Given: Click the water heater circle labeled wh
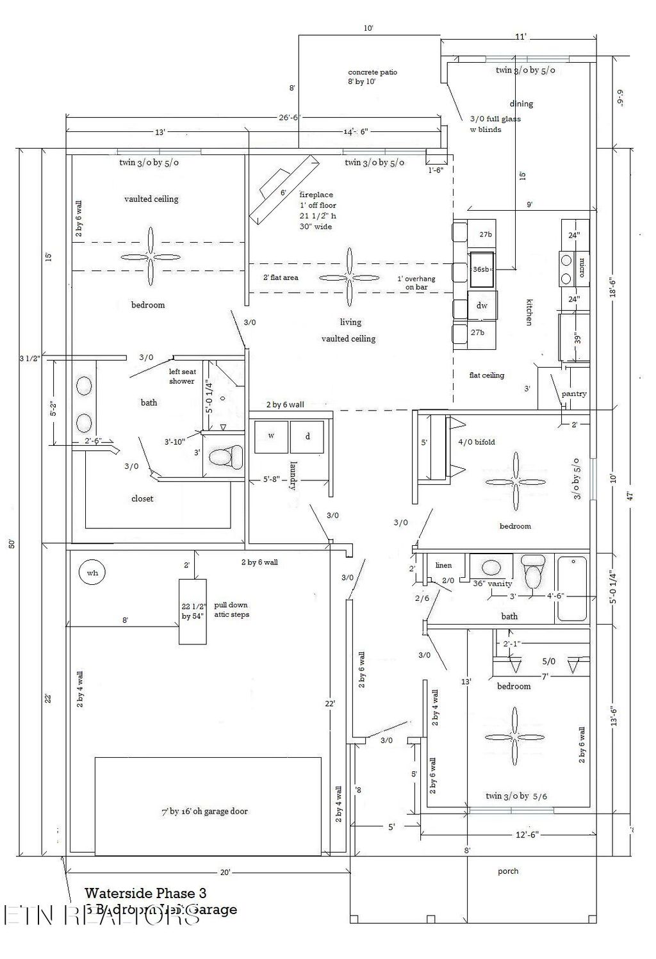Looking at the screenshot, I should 92,573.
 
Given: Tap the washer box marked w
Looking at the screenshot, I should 272,436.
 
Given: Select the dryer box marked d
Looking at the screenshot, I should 307,436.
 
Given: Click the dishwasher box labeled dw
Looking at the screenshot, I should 482,306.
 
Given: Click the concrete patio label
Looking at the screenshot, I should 372,72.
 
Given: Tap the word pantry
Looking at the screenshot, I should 573,394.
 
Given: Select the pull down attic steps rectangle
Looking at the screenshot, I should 193,611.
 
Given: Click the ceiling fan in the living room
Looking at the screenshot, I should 350,277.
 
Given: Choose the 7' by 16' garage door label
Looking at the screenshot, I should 204,811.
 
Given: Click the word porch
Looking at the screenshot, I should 508,871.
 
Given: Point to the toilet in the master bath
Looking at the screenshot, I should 225,457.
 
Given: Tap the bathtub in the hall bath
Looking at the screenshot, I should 571,589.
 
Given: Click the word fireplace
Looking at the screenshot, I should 316,195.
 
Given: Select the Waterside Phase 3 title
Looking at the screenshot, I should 145,892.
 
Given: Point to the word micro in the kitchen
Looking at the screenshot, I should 582,267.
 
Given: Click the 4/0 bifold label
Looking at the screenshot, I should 476,442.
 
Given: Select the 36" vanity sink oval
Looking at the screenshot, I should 491,567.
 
